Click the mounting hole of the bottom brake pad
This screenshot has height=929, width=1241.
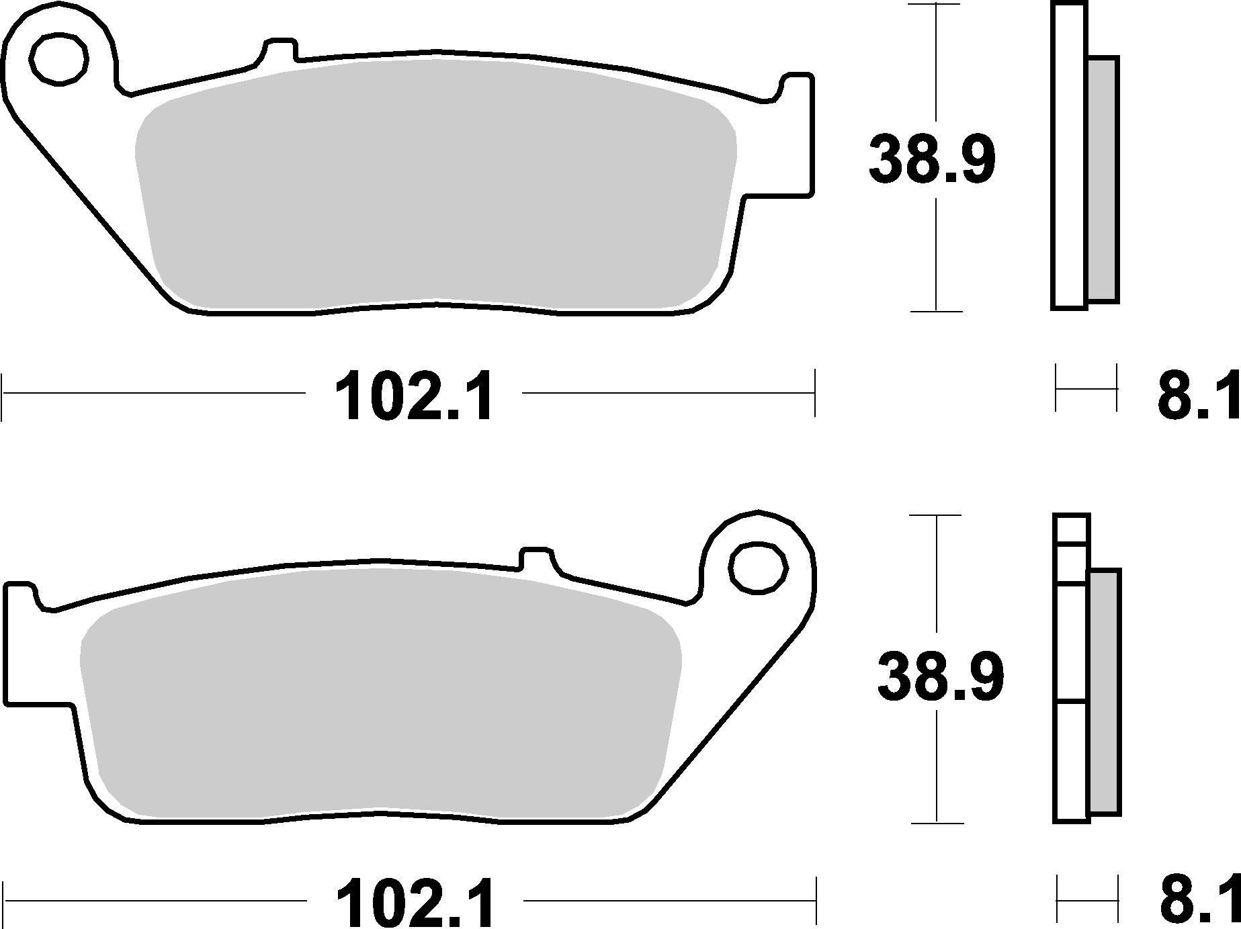[759, 568]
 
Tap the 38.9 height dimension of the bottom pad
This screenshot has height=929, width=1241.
[940, 677]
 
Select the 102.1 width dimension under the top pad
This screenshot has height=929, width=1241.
[414, 396]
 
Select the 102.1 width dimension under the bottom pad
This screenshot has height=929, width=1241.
[415, 901]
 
